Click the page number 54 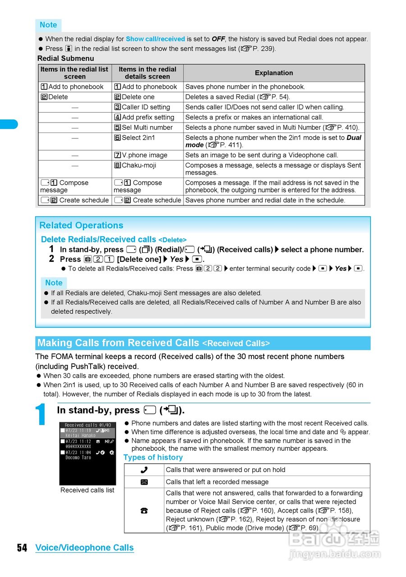(x=22, y=548)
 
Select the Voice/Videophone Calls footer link (x=84, y=548)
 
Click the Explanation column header (x=274, y=73)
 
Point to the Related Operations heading (x=81, y=225)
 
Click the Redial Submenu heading (x=66, y=59)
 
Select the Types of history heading (x=153, y=458)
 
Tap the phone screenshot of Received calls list (x=87, y=453)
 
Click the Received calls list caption (x=87, y=490)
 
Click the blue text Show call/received (x=155, y=39)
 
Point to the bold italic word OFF (x=218, y=39)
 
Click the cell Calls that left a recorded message (x=217, y=482)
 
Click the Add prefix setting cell (x=148, y=117)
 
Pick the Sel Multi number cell (x=147, y=128)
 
